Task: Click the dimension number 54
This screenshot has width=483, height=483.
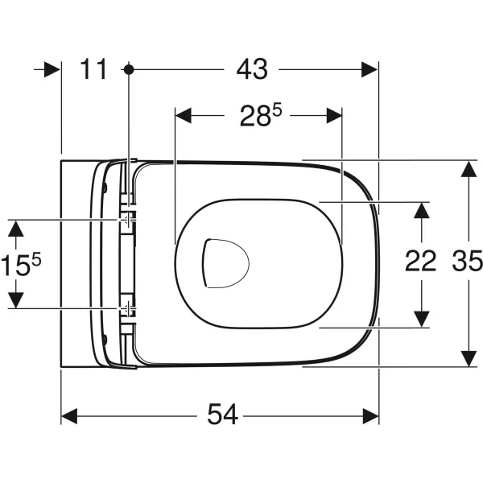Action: [222, 415]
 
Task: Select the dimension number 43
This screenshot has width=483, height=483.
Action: [252, 68]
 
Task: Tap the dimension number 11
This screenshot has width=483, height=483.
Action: [93, 68]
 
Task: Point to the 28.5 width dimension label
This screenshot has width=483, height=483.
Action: [261, 115]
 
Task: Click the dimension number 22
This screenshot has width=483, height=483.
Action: [420, 261]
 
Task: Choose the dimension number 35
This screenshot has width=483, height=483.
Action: [467, 261]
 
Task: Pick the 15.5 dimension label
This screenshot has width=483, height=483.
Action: [21, 264]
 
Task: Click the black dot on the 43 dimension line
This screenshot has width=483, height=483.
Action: [129, 69]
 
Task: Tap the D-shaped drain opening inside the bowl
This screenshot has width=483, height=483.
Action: [225, 264]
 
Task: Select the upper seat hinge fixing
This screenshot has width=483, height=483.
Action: [128, 220]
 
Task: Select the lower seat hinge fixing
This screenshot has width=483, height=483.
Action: [127, 308]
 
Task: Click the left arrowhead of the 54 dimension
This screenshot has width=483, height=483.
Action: [69, 416]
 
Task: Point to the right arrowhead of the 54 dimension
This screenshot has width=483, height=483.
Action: [371, 416]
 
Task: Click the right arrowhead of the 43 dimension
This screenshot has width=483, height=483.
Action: [369, 69]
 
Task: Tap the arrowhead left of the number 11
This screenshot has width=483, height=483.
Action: [52, 69]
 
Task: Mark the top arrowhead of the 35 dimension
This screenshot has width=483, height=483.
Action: [469, 169]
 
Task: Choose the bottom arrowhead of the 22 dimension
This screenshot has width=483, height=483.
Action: [421, 319]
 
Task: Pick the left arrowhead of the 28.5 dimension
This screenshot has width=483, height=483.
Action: [184, 116]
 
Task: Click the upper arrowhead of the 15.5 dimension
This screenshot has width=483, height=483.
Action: [16, 229]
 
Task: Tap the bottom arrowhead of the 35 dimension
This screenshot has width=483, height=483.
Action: [469, 358]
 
